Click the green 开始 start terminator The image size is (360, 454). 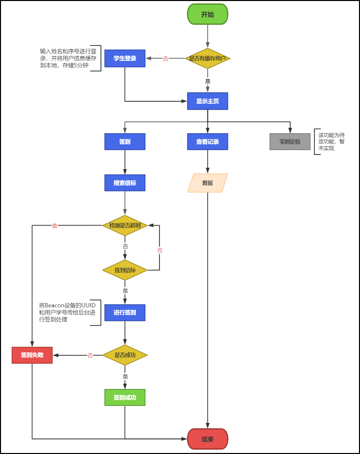(x=208, y=14)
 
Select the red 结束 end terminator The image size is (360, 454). (x=208, y=439)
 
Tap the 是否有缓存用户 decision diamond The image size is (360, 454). (x=208, y=58)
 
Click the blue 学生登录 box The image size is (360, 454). (x=125, y=58)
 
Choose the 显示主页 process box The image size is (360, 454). (x=208, y=101)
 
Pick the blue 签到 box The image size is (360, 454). (x=125, y=142)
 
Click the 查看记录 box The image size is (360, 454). (x=208, y=142)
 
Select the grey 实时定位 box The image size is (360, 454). (x=290, y=142)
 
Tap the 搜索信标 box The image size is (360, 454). (x=125, y=183)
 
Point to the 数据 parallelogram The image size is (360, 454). (x=208, y=183)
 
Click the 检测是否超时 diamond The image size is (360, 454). (x=125, y=225)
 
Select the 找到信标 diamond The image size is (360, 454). (x=125, y=270)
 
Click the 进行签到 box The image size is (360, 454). (x=125, y=312)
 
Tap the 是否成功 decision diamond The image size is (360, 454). (x=125, y=355)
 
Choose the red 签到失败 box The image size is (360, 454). (x=32, y=355)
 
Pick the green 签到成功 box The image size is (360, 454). (x=125, y=397)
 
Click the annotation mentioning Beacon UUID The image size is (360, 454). (x=67, y=312)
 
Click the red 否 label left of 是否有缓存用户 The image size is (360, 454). (x=165, y=59)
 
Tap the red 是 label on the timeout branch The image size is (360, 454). (x=55, y=226)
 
